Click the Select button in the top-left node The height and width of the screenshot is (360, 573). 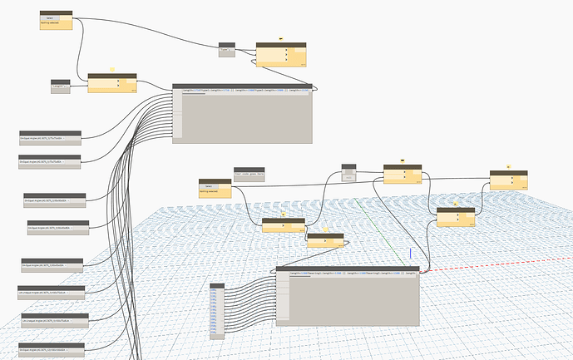point(49,18)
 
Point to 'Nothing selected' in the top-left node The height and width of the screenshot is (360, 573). point(49,25)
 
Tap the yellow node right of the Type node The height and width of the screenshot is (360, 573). point(280,56)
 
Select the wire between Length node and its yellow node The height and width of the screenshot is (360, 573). point(79,82)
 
